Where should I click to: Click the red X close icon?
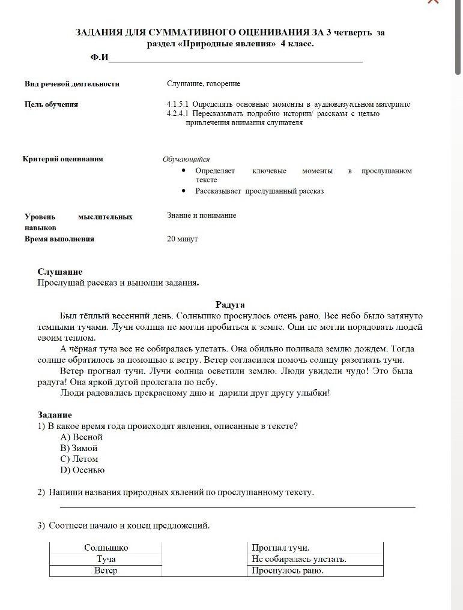coord(432,2)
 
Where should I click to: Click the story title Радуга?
coord(230,305)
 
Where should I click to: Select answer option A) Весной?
coord(82,437)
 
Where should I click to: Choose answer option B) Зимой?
coord(79,448)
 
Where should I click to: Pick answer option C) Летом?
coord(79,459)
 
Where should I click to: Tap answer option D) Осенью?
coord(82,470)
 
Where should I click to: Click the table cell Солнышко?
coord(106,548)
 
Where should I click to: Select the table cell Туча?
coord(106,559)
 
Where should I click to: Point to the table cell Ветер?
coord(106,570)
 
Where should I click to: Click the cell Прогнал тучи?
coord(280,548)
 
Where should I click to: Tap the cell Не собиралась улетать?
coord(299,559)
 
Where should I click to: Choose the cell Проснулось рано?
coord(288,570)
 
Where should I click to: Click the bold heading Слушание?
coord(60,272)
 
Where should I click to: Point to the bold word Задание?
coord(55,414)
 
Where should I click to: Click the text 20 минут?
coord(183,239)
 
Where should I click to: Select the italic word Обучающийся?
coord(186,160)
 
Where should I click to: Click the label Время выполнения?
coord(59,239)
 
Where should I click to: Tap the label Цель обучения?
coord(51,104)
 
